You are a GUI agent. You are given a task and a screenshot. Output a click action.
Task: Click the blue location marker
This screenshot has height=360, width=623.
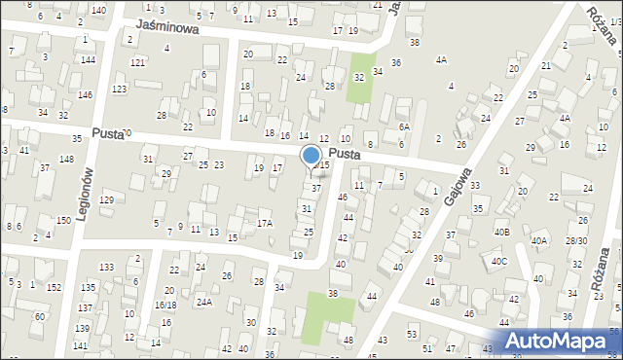point(311,155)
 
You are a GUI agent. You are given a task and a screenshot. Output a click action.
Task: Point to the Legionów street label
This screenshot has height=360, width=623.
point(85,193)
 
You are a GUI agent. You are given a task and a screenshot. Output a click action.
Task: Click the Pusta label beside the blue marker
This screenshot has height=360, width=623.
point(346,155)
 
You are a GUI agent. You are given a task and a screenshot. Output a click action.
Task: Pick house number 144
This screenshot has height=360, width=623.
point(88,60)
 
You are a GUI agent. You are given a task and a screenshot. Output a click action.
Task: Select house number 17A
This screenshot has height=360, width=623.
point(264,224)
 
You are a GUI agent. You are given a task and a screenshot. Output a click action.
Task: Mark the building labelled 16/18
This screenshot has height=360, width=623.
point(165,305)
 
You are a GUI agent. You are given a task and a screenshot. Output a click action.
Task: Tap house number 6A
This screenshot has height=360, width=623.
point(404,127)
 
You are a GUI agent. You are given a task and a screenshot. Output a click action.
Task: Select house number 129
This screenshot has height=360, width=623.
point(106,199)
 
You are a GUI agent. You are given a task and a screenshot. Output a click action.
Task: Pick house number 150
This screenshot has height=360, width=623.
point(63,221)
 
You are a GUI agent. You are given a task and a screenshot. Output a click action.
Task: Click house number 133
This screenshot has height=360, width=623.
point(106,267)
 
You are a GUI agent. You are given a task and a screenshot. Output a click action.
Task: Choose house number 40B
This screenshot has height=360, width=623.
point(501,232)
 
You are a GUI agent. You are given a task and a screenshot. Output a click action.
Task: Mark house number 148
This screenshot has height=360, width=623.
point(66,159)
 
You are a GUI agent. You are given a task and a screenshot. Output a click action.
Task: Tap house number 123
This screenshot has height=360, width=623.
point(119,90)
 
